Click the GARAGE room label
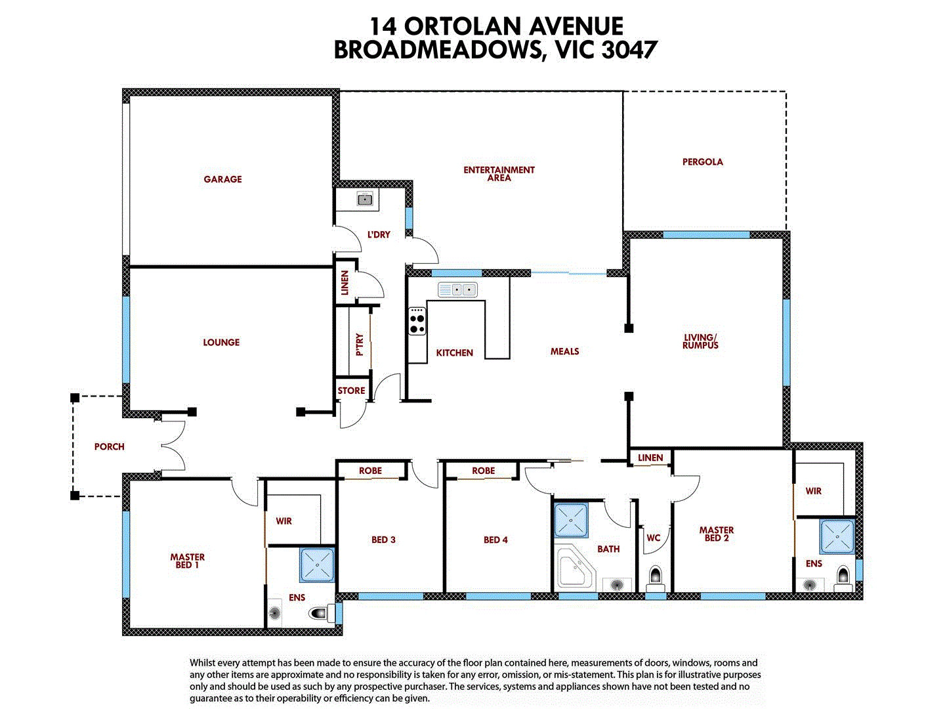[222, 179]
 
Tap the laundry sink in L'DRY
[365, 199]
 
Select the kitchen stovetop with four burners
[417, 321]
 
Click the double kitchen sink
[457, 290]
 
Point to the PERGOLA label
[702, 162]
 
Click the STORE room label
[351, 391]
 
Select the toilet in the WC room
[655, 578]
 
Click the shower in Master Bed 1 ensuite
[318, 565]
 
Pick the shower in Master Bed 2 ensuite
[837, 536]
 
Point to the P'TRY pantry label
[360, 345]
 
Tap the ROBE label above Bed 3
[370, 471]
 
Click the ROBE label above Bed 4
[483, 471]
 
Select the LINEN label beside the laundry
[345, 283]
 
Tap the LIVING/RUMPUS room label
[700, 341]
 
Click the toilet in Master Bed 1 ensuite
[319, 613]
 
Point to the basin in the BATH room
[617, 584]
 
